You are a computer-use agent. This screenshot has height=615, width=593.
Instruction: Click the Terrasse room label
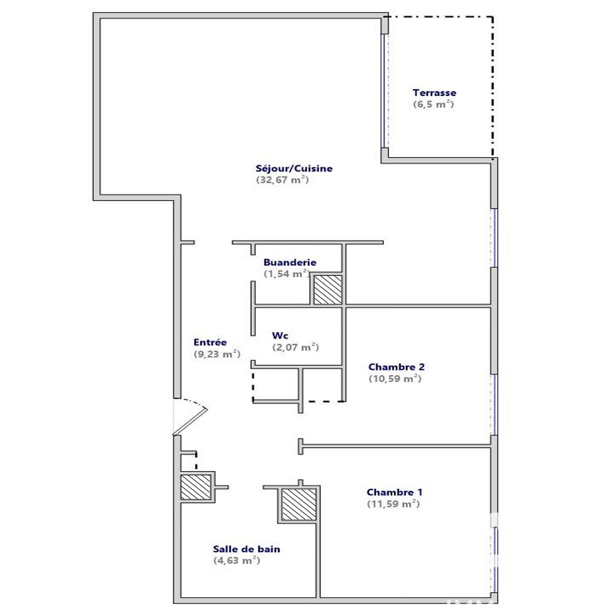(434, 93)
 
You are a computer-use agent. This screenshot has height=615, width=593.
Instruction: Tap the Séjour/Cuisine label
(294, 169)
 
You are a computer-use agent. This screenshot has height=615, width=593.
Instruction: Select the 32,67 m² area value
(282, 180)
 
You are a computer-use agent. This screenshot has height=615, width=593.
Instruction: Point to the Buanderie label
(290, 263)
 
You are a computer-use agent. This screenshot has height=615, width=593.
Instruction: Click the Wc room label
(280, 336)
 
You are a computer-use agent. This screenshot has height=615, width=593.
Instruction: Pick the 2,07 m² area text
(295, 347)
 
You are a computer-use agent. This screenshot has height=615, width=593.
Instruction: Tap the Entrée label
(210, 343)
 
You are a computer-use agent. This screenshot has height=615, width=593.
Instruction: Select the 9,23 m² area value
(217, 354)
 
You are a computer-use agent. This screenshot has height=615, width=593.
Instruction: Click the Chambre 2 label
(397, 367)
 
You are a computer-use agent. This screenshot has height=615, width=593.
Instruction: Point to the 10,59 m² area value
(395, 378)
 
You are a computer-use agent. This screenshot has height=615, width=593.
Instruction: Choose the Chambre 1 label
(394, 492)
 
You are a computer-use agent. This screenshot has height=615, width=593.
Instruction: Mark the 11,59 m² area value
(393, 504)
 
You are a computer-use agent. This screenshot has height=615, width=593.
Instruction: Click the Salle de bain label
(247, 549)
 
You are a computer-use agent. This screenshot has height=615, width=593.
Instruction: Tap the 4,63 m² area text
(237, 560)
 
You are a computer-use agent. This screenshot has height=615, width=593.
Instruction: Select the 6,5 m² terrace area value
(434, 104)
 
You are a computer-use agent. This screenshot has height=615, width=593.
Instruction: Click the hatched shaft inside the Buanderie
(328, 290)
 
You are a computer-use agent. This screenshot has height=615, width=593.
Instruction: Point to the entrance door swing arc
(192, 402)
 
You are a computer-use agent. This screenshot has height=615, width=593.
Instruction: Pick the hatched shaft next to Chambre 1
(299, 504)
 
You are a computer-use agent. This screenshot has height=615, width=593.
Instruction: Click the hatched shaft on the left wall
(196, 487)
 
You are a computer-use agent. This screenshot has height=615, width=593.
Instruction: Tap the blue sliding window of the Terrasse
(383, 91)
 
